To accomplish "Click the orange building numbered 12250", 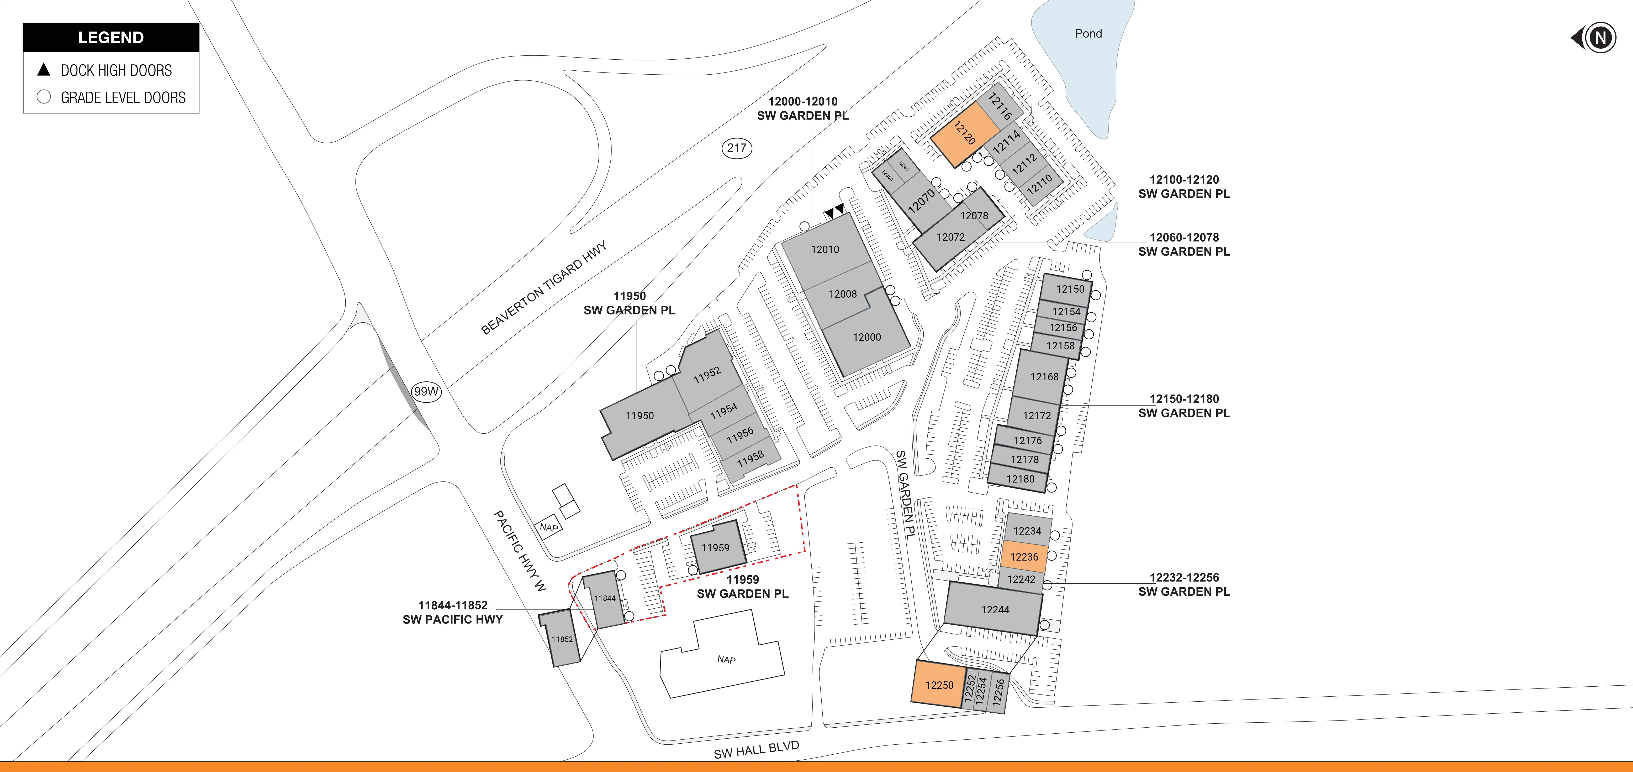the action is [939, 685].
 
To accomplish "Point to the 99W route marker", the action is [426, 391].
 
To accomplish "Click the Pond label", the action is [1088, 34].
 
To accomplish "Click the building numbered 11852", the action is [562, 639].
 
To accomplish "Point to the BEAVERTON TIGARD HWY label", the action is [543, 287].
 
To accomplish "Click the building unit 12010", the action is [825, 249].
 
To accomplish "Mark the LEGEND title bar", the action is [111, 37].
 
